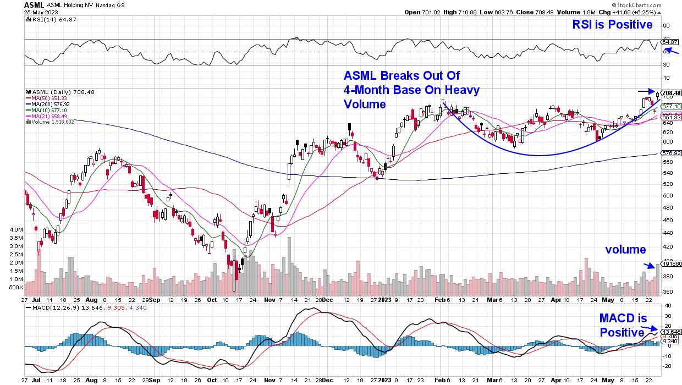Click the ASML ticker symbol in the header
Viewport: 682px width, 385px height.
click(x=34, y=4)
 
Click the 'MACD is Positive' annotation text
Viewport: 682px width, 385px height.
click(x=621, y=326)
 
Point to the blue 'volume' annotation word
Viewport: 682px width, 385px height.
click(x=625, y=250)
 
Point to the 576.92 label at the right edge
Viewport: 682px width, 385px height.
click(x=671, y=153)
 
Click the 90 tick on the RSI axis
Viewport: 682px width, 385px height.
click(x=665, y=25)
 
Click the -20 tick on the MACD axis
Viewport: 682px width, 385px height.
click(x=667, y=365)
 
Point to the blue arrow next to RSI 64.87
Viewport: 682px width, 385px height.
click(x=674, y=51)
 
